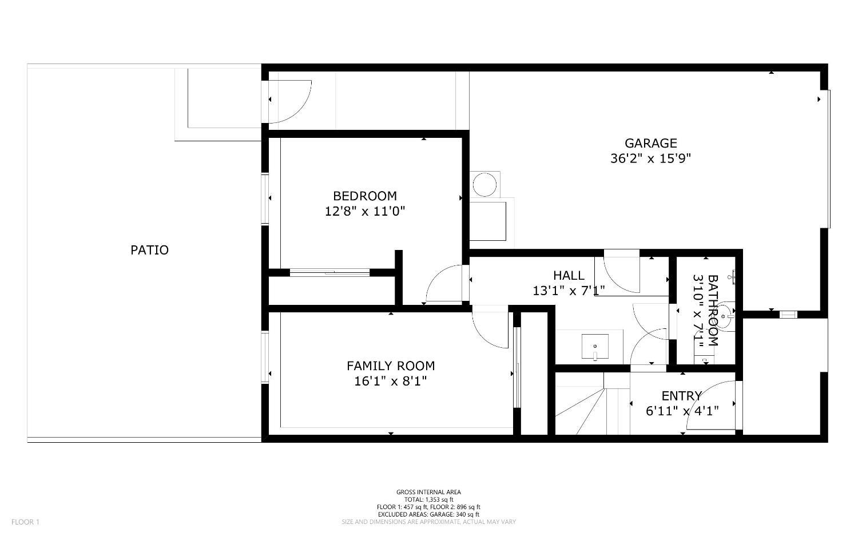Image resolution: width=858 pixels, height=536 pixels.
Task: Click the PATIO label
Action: (x=149, y=250)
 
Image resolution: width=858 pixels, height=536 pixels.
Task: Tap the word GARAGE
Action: (x=651, y=143)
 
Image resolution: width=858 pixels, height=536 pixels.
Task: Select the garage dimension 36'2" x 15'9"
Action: (x=650, y=158)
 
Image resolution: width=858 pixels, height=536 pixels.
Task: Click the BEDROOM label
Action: (x=365, y=196)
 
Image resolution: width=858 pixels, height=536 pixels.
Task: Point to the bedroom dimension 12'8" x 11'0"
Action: (x=365, y=211)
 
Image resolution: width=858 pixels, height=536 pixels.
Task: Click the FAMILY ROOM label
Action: (x=391, y=366)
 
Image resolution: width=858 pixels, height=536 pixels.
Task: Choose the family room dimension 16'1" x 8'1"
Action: (x=390, y=381)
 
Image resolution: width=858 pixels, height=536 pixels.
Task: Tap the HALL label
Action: (x=569, y=276)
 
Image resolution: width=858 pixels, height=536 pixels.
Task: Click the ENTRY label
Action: (x=682, y=396)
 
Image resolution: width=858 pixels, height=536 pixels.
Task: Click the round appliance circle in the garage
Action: (x=484, y=185)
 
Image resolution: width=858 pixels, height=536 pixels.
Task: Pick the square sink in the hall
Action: (x=595, y=346)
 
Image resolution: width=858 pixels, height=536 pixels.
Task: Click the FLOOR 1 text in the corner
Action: (x=25, y=522)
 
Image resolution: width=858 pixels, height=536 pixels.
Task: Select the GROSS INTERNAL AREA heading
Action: (x=428, y=492)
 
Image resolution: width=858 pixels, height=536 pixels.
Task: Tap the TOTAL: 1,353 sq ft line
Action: (x=428, y=499)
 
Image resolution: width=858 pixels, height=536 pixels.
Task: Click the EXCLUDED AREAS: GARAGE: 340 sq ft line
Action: (x=428, y=514)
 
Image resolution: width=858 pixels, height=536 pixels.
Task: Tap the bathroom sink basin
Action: (x=724, y=316)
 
